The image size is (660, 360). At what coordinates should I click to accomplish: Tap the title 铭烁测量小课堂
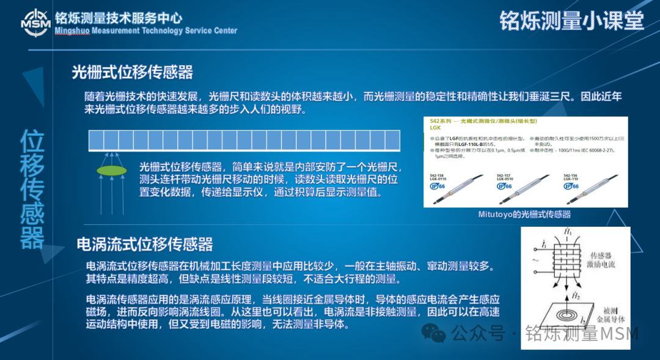(x=572, y=20)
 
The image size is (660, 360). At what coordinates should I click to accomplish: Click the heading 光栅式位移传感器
(x=133, y=73)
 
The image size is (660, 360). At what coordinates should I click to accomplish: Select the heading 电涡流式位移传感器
(x=145, y=244)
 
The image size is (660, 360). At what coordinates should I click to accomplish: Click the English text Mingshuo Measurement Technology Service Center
(x=145, y=31)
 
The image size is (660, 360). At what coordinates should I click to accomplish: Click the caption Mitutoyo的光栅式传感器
(x=524, y=214)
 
